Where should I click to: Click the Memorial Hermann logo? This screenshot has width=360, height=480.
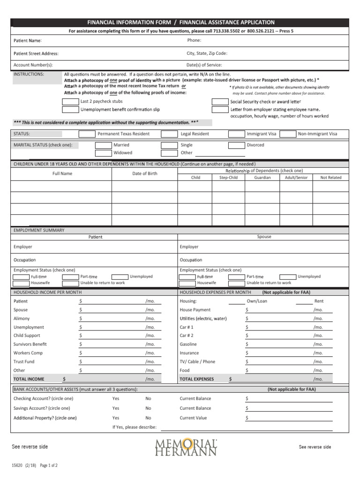(x=186, y=447)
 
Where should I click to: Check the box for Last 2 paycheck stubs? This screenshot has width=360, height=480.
(x=70, y=101)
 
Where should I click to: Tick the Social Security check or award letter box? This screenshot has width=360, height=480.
(x=219, y=101)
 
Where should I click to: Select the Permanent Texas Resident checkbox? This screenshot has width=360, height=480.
(x=87, y=134)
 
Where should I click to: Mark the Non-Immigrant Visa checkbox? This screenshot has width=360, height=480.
(x=288, y=134)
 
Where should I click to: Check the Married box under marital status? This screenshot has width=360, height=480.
(x=103, y=145)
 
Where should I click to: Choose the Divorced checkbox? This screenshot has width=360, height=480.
(x=237, y=145)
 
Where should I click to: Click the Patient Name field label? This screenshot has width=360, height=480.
(x=27, y=41)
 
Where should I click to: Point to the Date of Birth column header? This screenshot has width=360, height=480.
(x=145, y=174)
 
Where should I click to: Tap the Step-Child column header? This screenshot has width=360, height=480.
(x=228, y=178)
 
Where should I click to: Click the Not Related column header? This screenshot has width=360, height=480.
(x=331, y=178)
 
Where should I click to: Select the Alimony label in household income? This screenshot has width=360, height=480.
(x=22, y=319)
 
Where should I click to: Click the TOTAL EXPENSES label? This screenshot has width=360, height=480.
(x=196, y=379)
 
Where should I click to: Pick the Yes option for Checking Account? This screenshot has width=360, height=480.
(x=116, y=399)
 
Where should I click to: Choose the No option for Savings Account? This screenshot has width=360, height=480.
(x=148, y=408)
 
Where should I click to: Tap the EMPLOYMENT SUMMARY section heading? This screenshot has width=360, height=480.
(x=39, y=230)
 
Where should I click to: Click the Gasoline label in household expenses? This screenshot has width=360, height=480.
(x=188, y=345)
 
